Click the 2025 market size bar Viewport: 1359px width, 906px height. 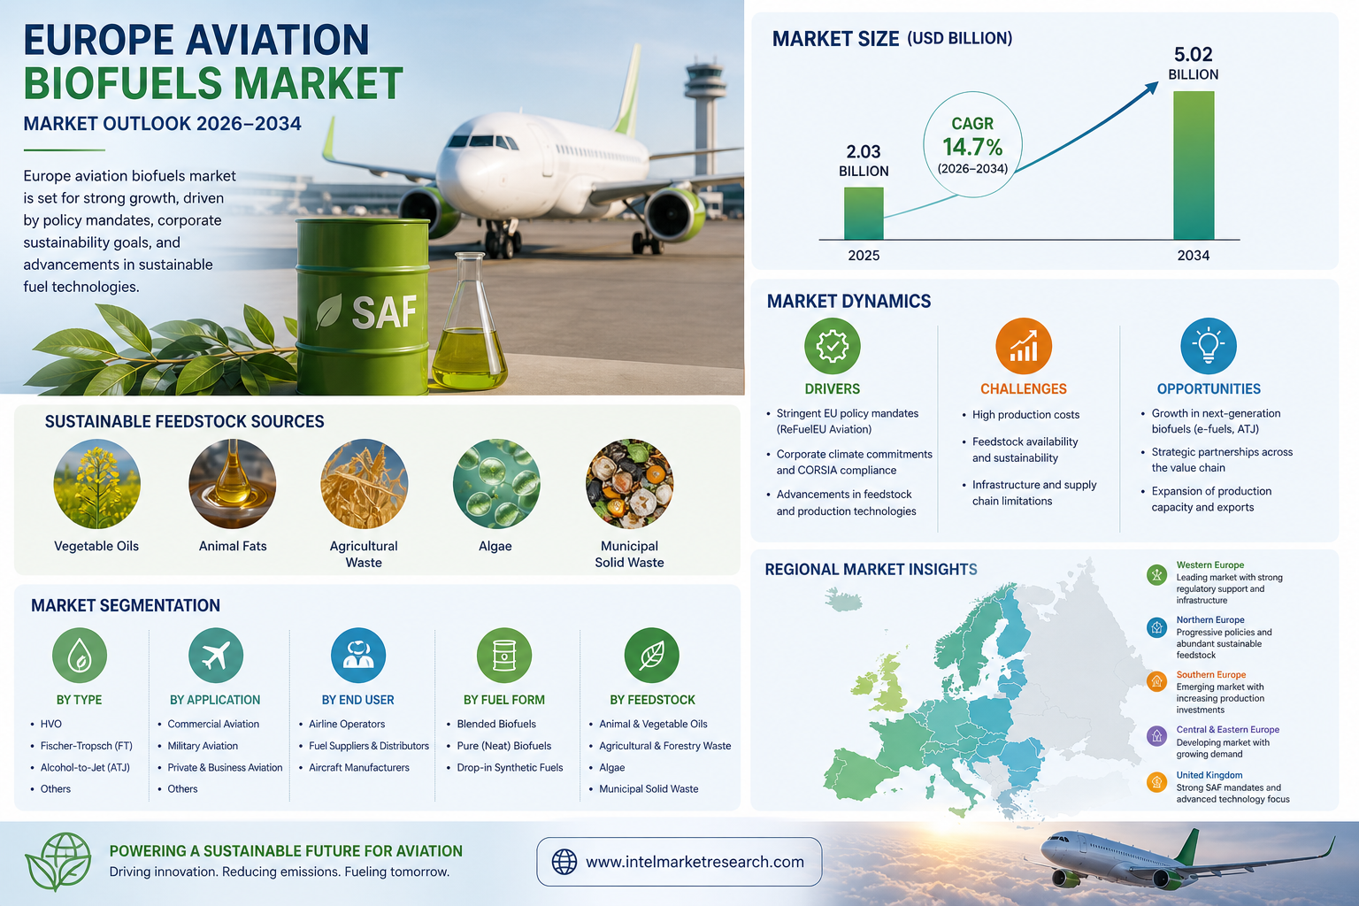pos(864,213)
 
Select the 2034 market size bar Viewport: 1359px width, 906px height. pos(1194,165)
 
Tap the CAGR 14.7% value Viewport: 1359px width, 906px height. pos(972,147)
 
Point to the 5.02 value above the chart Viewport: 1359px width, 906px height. pos(1193,55)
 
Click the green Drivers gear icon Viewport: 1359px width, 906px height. pos(832,346)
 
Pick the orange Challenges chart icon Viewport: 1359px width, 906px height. pos(1024,346)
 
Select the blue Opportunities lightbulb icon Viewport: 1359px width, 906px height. pos(1208,346)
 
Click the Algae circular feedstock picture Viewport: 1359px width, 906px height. pos(496,484)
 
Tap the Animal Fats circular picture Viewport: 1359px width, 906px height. pos(233,484)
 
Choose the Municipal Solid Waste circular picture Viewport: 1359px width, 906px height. pos(629,484)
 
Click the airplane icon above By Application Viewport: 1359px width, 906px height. pos(215,656)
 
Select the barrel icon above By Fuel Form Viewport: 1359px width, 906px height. pos(504,656)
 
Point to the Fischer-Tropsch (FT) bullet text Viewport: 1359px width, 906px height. pos(86,746)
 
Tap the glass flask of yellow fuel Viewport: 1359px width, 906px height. pos(469,321)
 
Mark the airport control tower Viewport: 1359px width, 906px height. pos(704,115)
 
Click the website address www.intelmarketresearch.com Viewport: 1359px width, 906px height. pos(695,862)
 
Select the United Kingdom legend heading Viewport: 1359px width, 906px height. pos(1209,775)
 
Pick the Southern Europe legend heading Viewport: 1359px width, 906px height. pos(1211,675)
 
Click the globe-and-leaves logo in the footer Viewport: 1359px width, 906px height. pos(58,862)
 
